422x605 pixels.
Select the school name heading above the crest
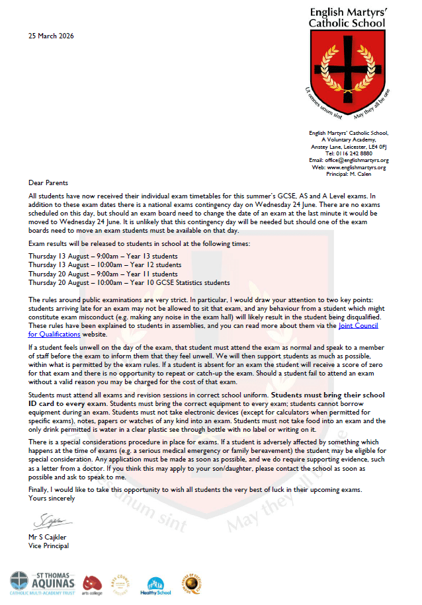347,18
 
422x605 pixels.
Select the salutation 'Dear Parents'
48,182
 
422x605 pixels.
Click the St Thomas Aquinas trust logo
44,581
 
